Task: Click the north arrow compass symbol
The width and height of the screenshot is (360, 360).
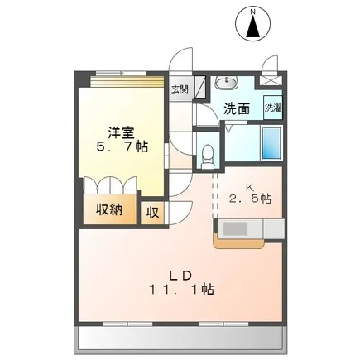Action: (x=253, y=24)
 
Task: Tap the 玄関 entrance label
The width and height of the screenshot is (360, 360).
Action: (x=180, y=89)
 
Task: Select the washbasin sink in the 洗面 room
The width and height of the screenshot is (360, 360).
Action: (x=226, y=83)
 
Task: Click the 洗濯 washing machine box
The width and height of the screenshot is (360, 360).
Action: (x=273, y=108)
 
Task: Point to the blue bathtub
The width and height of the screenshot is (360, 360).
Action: (x=271, y=143)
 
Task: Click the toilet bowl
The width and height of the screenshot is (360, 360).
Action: (x=207, y=157)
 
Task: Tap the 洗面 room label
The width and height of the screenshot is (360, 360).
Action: (x=237, y=108)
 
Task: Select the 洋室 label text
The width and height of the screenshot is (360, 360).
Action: (x=121, y=133)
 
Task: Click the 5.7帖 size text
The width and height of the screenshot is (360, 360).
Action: (x=122, y=147)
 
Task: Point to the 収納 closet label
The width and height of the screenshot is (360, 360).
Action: (x=109, y=210)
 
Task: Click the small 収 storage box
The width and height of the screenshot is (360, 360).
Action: (x=152, y=213)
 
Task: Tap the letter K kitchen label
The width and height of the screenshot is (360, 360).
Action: (x=250, y=187)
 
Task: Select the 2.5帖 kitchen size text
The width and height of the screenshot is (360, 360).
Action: (x=250, y=199)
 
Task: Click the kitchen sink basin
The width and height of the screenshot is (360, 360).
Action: (x=235, y=228)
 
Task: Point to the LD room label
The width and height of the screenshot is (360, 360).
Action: (x=180, y=276)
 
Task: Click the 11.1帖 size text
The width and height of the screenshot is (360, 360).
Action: (x=182, y=290)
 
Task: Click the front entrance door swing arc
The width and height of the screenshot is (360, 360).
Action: (x=180, y=60)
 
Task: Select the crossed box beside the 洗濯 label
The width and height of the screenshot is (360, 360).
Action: (x=271, y=80)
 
